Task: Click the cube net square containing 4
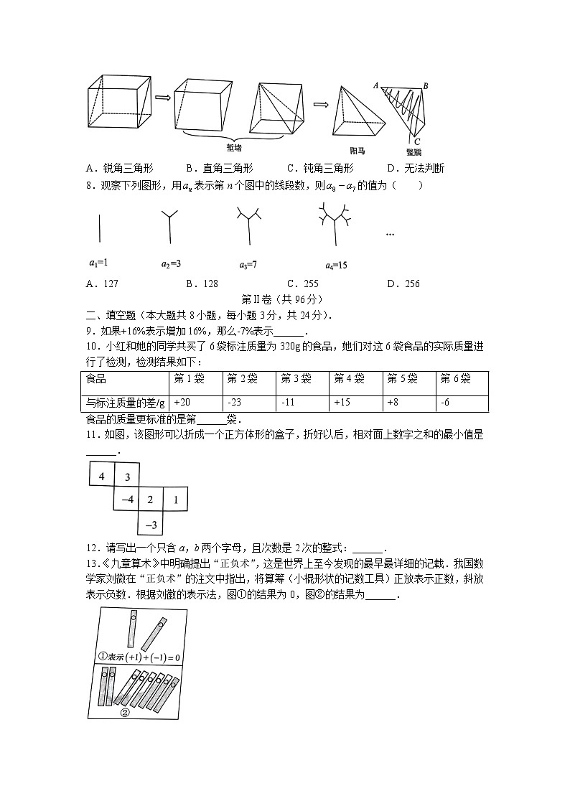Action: point(101,476)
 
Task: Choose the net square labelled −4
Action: point(127,500)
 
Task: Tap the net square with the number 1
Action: point(175,500)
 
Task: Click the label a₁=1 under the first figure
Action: point(98,264)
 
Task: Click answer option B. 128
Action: point(201,283)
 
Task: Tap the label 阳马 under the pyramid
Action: point(358,151)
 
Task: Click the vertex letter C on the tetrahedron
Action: point(417,141)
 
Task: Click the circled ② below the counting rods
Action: point(125,713)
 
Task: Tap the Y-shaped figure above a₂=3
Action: point(169,224)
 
